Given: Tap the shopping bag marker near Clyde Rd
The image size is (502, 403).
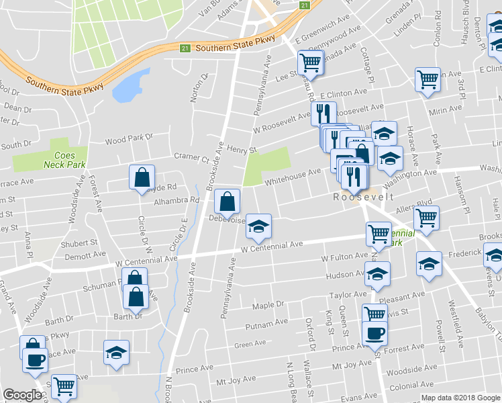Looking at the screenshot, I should [142, 179].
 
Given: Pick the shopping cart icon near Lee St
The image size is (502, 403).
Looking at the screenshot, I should [310, 63].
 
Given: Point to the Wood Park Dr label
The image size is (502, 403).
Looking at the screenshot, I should [129, 139].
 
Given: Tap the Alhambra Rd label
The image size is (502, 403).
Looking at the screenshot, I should [177, 200].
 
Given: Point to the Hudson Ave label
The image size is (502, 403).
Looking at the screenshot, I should [344, 275].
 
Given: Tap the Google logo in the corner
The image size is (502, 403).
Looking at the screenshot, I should [23, 395].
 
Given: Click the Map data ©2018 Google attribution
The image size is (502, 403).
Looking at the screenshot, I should [460, 398].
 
